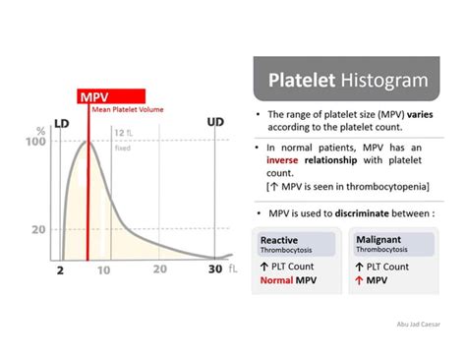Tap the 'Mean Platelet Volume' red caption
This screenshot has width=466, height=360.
point(127,109)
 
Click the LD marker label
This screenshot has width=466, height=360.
point(62,124)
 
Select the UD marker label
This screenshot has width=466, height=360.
point(215,122)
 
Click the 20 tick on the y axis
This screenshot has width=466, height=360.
point(38,229)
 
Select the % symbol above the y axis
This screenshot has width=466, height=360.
point(40,129)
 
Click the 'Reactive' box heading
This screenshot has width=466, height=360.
point(280,239)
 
